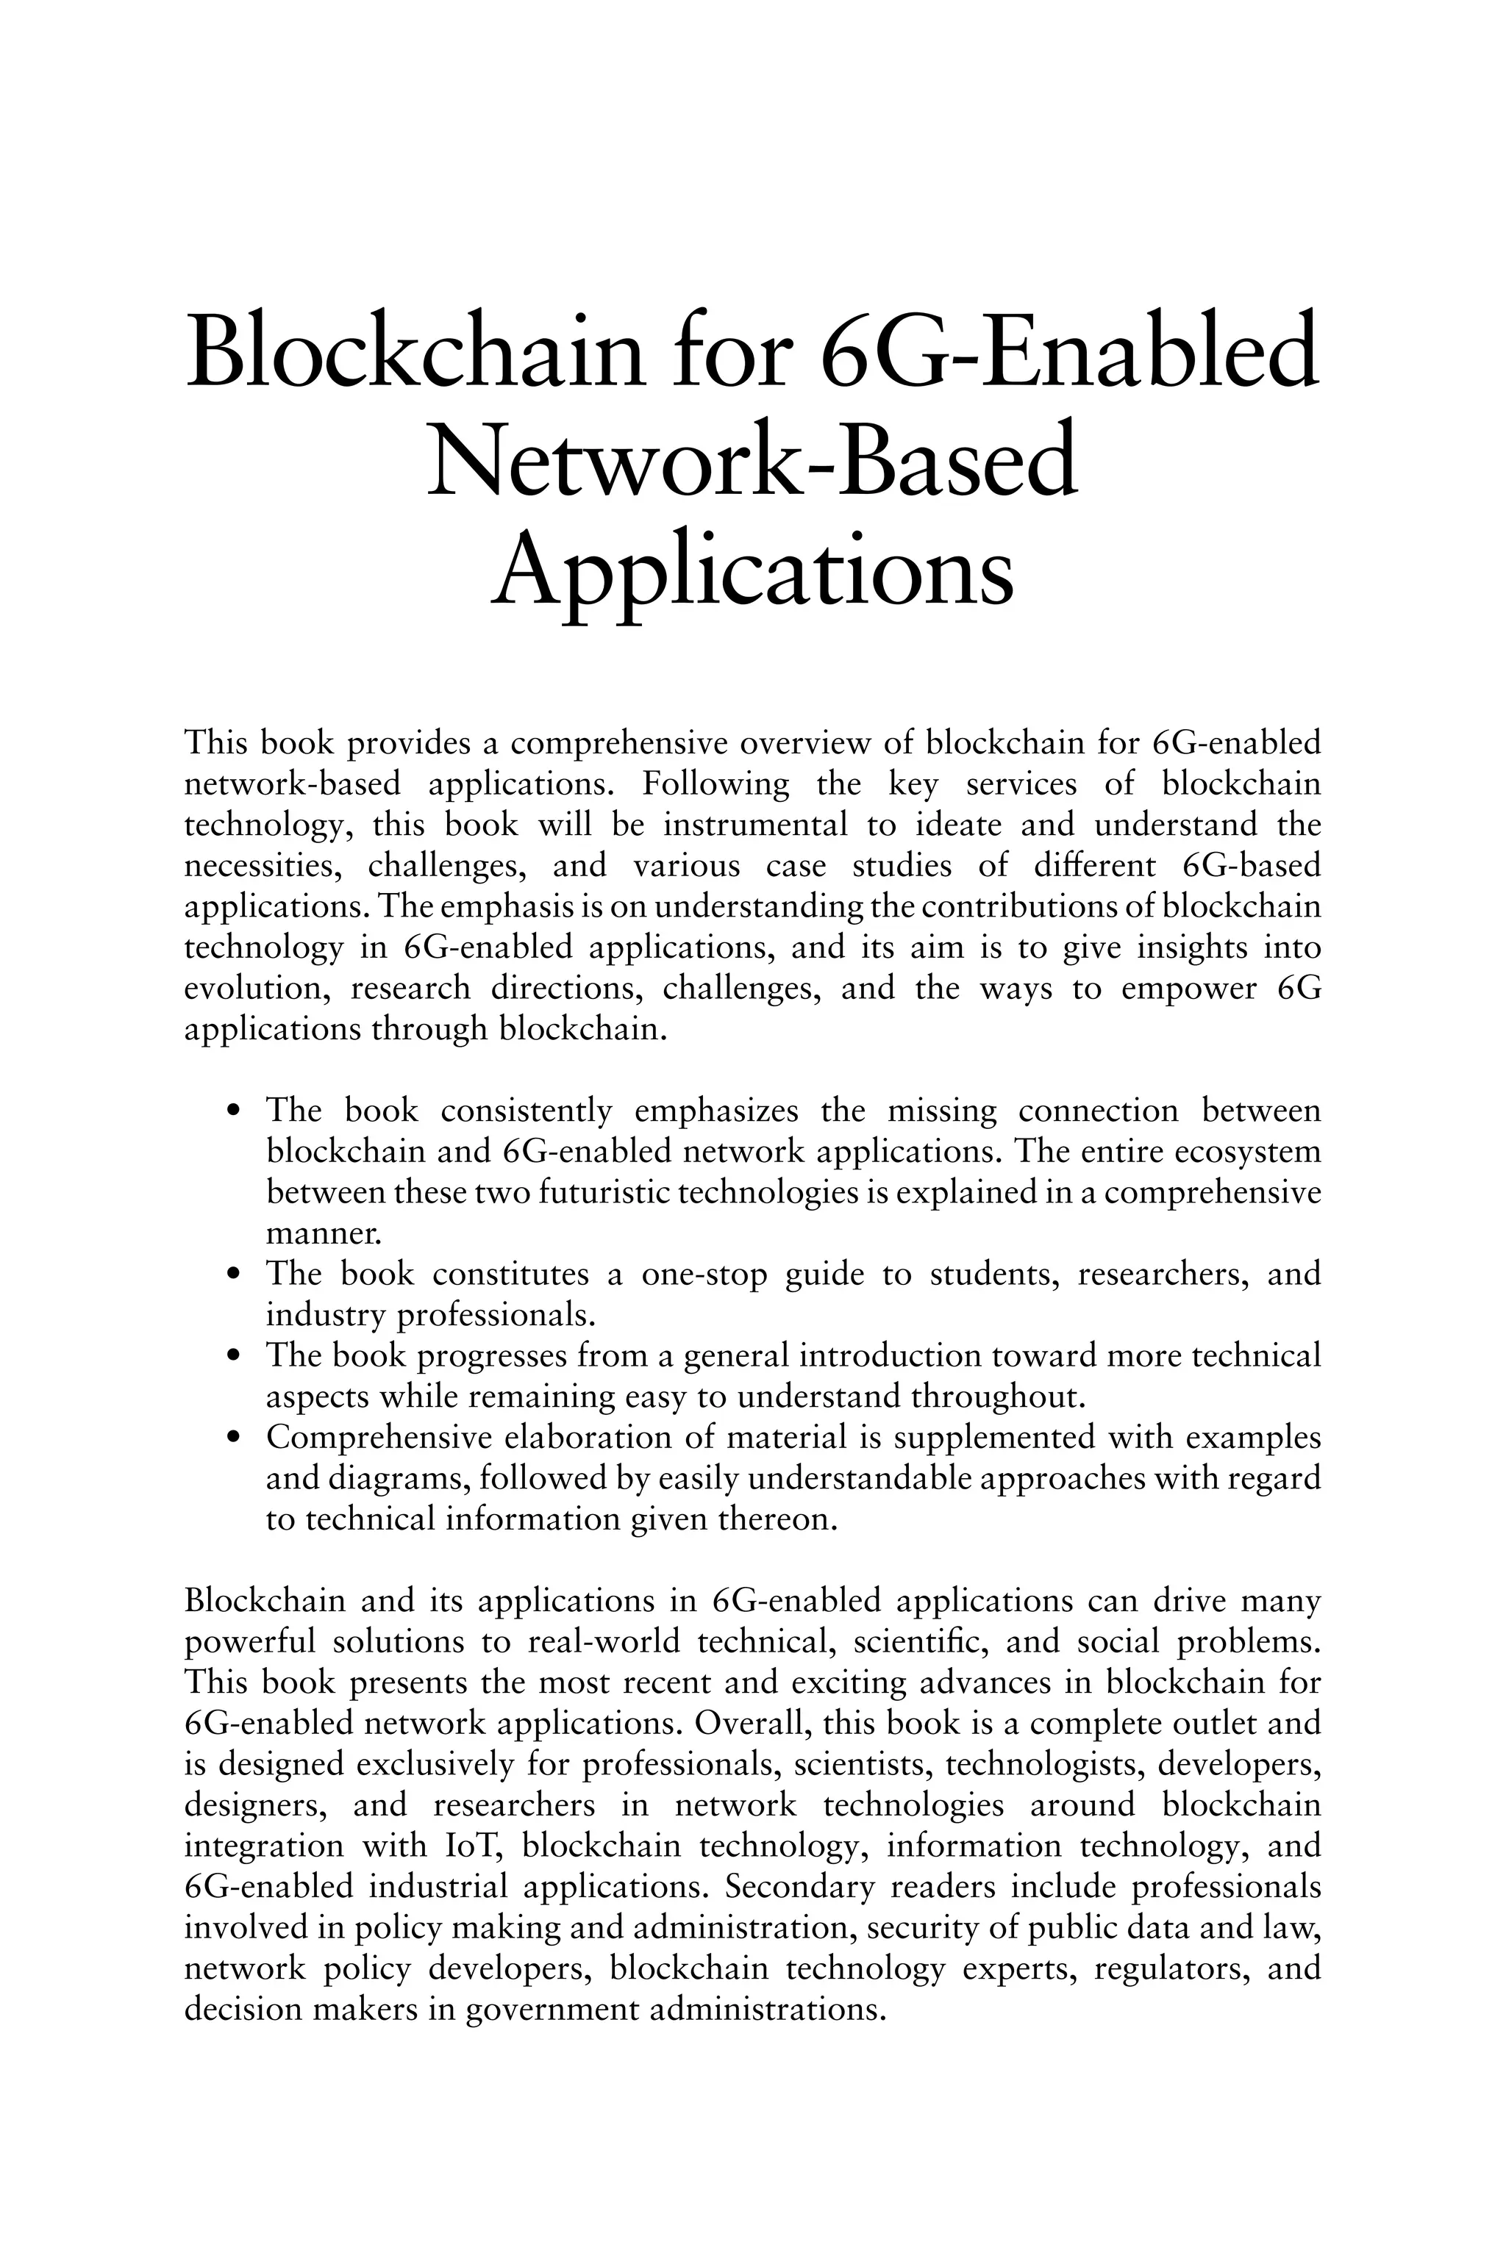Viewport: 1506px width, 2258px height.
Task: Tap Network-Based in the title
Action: (x=752, y=462)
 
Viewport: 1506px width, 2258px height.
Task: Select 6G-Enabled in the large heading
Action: (x=1071, y=351)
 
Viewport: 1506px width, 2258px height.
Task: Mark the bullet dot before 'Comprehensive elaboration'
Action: (x=232, y=1439)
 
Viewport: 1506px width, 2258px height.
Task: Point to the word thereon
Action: (x=778, y=1520)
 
